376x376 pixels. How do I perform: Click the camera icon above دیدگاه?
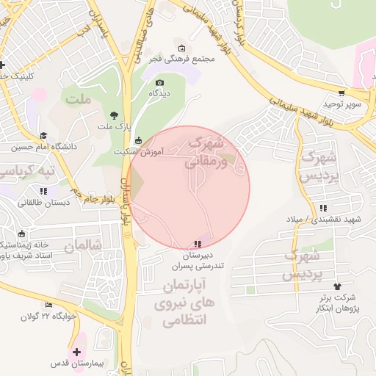pyautogui.click(x=160, y=82)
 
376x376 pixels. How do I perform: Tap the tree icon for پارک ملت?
pyautogui.click(x=114, y=115)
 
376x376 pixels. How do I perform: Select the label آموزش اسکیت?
pyautogui.click(x=139, y=151)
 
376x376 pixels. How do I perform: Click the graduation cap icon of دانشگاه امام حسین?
pyautogui.click(x=43, y=136)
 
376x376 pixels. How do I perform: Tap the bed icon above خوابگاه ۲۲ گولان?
pyautogui.click(x=49, y=305)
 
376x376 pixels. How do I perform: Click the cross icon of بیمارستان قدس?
pyautogui.click(x=77, y=352)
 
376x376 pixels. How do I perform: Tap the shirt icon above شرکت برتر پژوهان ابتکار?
pyautogui.click(x=337, y=286)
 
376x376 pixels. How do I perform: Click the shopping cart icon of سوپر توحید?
pyautogui.click(x=341, y=93)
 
